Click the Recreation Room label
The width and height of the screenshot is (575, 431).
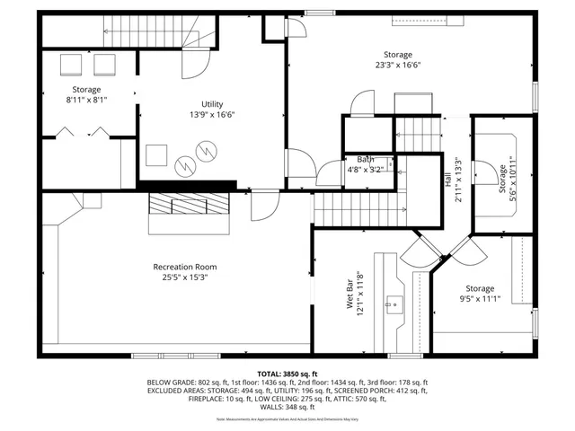pos(184,267)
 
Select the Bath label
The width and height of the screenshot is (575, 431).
pos(365,159)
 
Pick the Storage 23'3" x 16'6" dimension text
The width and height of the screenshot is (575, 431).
pos(396,65)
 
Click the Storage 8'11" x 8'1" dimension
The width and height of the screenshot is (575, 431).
pos(87,101)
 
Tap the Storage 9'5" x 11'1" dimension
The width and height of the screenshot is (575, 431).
pos(480,299)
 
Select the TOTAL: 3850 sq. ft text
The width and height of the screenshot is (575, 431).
pos(287,373)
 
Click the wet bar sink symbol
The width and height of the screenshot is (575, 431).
pos(393,303)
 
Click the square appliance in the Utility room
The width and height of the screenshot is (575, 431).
pos(157,154)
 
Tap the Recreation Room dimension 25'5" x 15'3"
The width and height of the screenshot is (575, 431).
pos(184,277)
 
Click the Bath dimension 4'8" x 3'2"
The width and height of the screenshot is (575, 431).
pos(365,169)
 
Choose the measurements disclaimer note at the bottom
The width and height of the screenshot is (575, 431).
pos(287,419)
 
